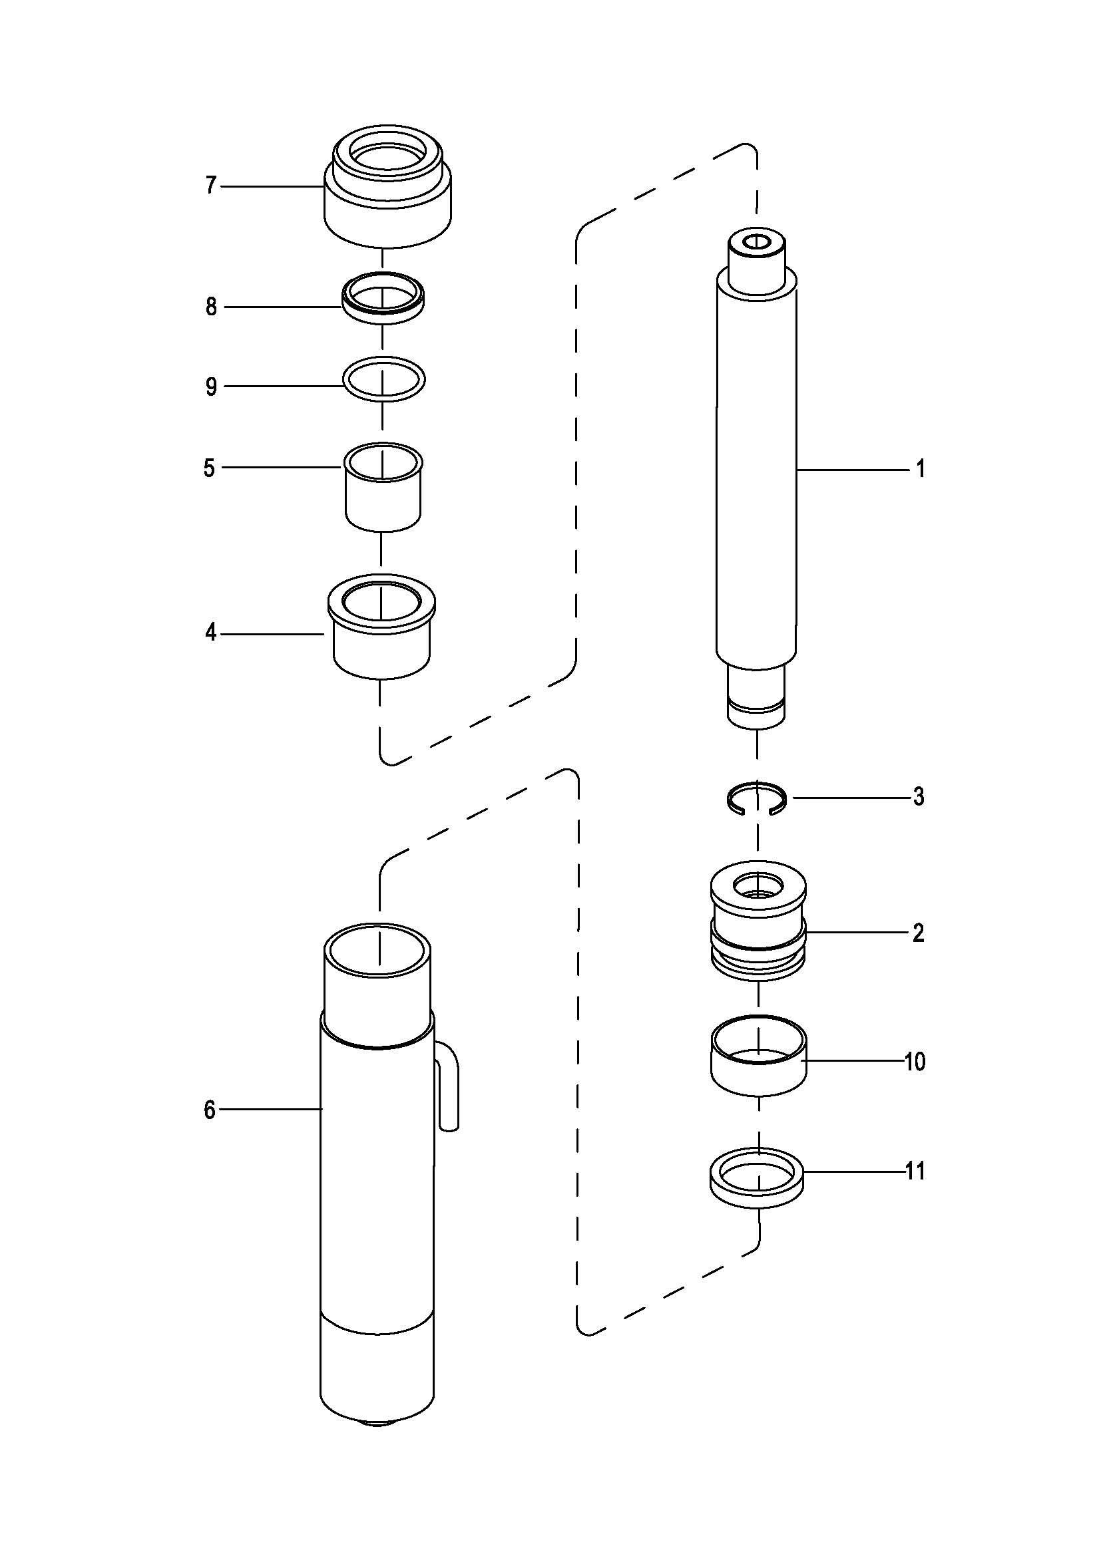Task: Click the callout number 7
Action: [x=211, y=185]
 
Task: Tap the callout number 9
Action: [x=211, y=387]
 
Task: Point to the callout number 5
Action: [x=210, y=468]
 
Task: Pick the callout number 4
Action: [x=211, y=633]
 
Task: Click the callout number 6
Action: [x=210, y=1110]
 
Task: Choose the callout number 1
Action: [x=920, y=468]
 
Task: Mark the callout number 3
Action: [x=918, y=797]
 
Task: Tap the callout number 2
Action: [x=918, y=933]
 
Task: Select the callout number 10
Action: [x=915, y=1061]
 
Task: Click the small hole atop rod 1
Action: [x=756, y=241]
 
